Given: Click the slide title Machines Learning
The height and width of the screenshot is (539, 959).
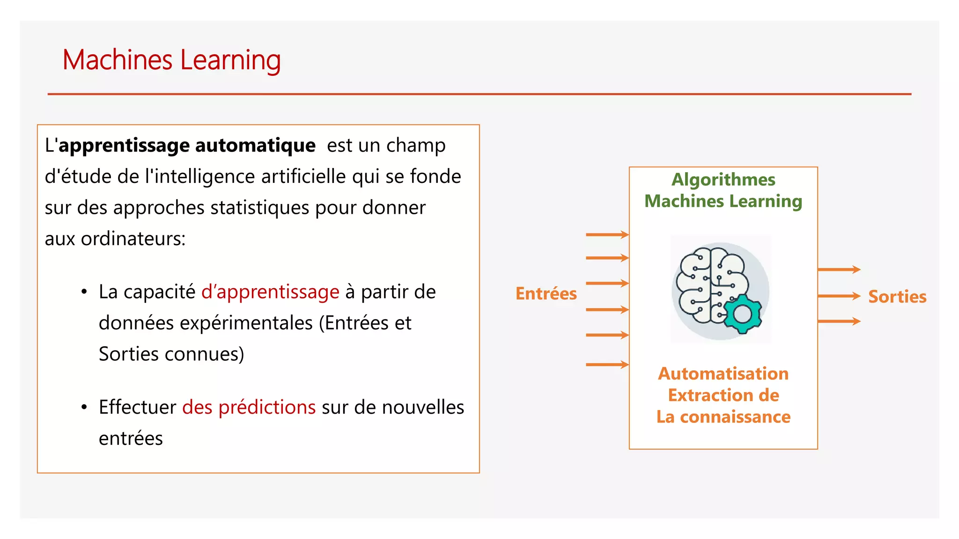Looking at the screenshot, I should click(171, 60).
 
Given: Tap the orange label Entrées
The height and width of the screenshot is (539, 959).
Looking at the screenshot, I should click(546, 294).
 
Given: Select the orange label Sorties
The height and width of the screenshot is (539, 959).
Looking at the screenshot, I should click(897, 297).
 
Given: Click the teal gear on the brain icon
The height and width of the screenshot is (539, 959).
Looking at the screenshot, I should click(742, 314).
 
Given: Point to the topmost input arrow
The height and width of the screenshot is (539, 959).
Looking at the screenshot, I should click(607, 234).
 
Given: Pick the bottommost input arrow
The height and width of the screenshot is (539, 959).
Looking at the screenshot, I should click(607, 364).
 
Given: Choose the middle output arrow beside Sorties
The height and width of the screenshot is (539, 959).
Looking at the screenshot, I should click(839, 296).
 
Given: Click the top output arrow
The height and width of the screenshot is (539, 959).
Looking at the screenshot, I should click(839, 269).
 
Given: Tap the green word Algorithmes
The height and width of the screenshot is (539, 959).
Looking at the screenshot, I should click(723, 180).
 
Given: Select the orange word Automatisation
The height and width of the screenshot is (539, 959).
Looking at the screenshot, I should click(723, 374).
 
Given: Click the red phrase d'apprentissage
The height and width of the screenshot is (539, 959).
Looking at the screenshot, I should click(270, 292).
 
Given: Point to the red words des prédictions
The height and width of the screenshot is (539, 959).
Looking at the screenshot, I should click(249, 407).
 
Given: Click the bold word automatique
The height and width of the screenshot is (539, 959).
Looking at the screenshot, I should click(255, 146).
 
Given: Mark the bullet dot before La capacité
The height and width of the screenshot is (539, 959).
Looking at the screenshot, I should click(84, 292).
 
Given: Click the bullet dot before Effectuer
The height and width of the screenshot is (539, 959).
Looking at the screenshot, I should click(84, 407).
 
